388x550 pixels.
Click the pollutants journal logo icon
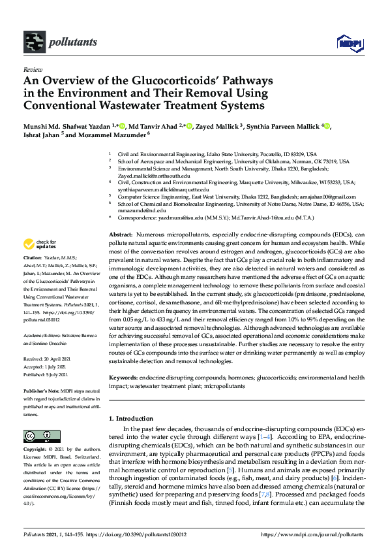click(x=33, y=42)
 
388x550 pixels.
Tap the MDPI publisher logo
click(x=349, y=43)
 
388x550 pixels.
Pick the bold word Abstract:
click(x=120, y=234)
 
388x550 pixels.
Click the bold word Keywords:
click(x=123, y=378)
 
